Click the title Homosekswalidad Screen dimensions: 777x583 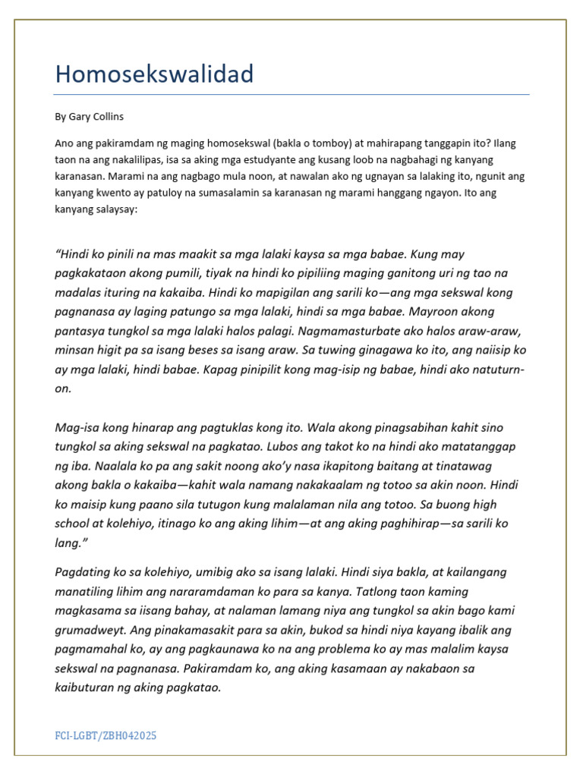[154, 74]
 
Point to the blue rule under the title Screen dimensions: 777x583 [291, 95]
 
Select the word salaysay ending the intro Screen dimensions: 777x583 [115, 209]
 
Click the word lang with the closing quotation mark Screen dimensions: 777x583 [70, 543]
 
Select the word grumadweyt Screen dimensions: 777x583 [93, 630]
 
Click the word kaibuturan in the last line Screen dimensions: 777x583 [89, 688]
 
